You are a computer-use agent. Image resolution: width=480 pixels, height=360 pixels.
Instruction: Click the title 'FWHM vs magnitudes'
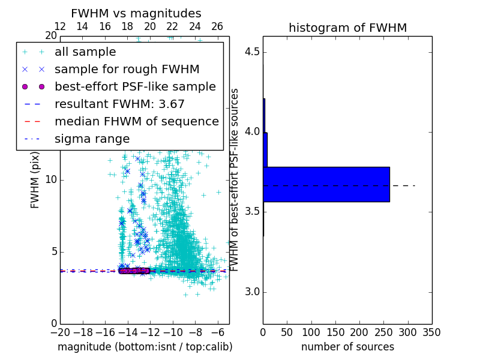[x=136, y=13]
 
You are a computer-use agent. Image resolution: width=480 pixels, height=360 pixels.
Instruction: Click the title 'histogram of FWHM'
[x=347, y=28]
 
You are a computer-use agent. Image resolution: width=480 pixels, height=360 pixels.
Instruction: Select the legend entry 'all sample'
[x=85, y=52]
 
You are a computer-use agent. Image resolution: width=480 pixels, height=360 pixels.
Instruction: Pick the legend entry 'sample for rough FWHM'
[x=127, y=70]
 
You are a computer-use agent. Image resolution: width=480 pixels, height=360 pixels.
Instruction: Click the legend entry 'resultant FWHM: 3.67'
[x=119, y=104]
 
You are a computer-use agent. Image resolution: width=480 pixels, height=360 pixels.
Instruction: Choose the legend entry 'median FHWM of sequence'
[x=136, y=121]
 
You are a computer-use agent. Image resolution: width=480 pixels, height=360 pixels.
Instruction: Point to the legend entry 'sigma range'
[x=92, y=139]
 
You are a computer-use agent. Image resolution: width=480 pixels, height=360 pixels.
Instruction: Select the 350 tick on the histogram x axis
[x=431, y=332]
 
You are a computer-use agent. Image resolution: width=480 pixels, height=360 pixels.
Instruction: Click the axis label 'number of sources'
[x=347, y=347]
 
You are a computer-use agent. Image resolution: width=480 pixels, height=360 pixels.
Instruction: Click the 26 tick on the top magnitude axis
[x=217, y=26]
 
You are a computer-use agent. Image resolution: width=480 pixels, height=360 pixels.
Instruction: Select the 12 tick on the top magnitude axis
[x=60, y=26]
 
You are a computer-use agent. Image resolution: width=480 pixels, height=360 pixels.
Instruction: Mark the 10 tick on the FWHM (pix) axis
[x=50, y=180]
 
